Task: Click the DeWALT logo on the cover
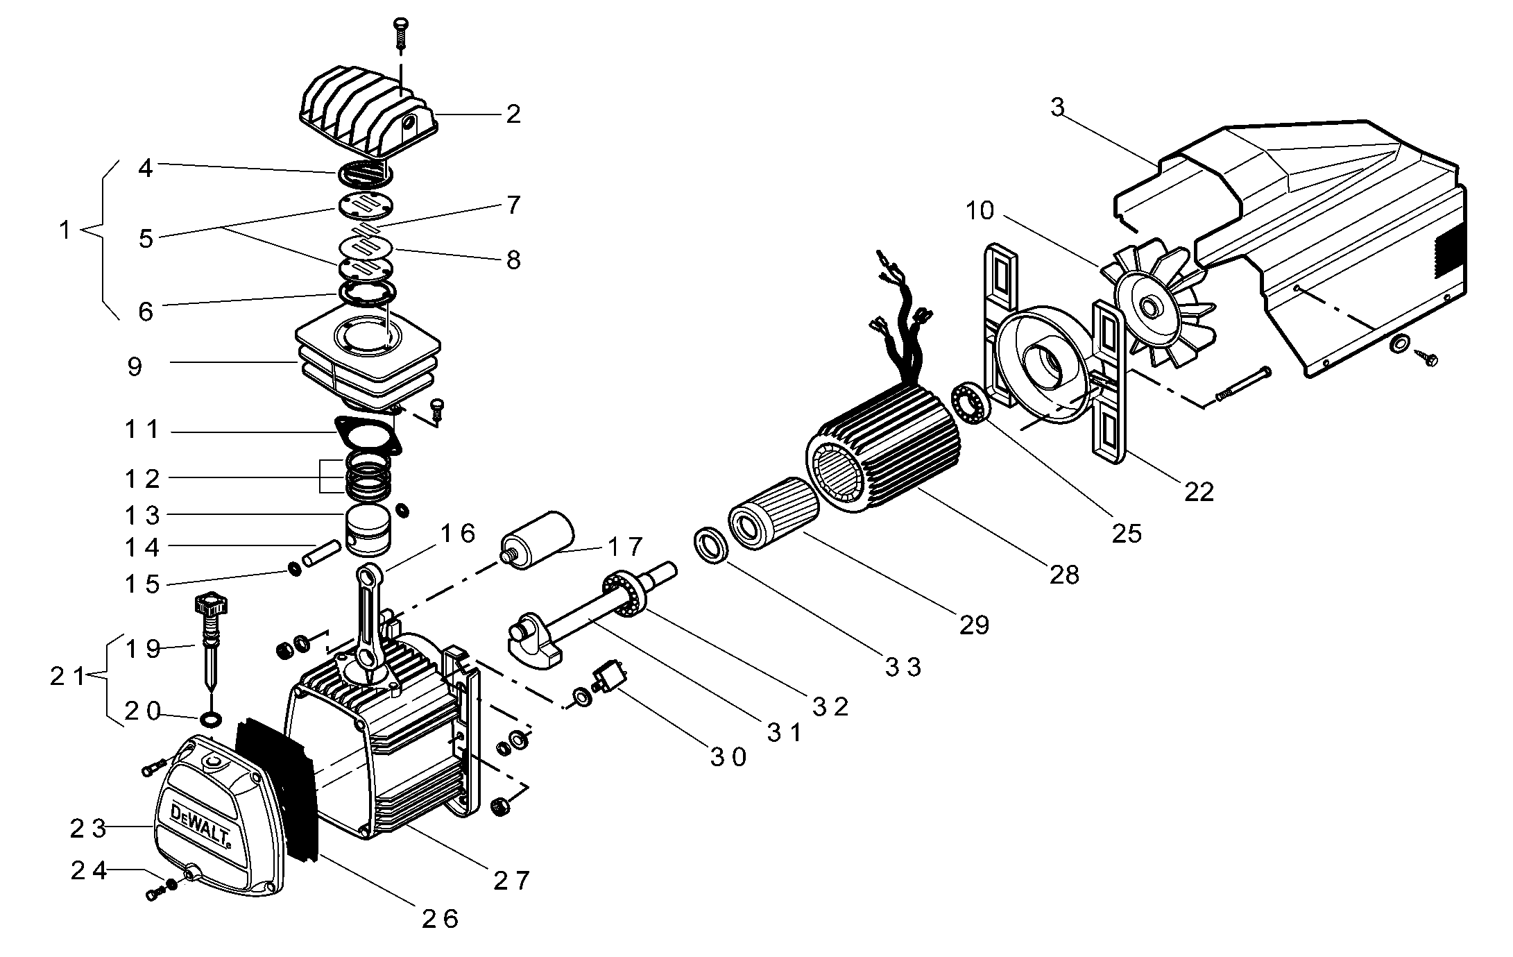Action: [x=200, y=827]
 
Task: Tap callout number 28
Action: [x=1064, y=575]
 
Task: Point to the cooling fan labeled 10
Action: [x=1152, y=305]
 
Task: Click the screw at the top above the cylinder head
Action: [x=400, y=32]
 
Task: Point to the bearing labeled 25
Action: [x=968, y=403]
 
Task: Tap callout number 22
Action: [x=1199, y=491]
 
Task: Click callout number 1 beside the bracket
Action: [x=65, y=230]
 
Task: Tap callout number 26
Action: [x=441, y=919]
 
